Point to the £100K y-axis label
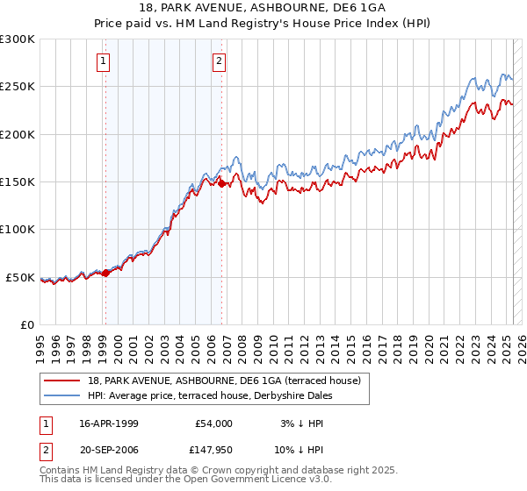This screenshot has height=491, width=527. pyautogui.click(x=17, y=230)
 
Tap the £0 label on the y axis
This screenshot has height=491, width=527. pyautogui.click(x=25, y=324)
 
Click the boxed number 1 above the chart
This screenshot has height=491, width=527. pyautogui.click(x=105, y=61)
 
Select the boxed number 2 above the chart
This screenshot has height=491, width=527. pyautogui.click(x=219, y=61)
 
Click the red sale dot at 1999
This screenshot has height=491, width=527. pyautogui.click(x=106, y=273)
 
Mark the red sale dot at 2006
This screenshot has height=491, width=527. pyautogui.click(x=221, y=184)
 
